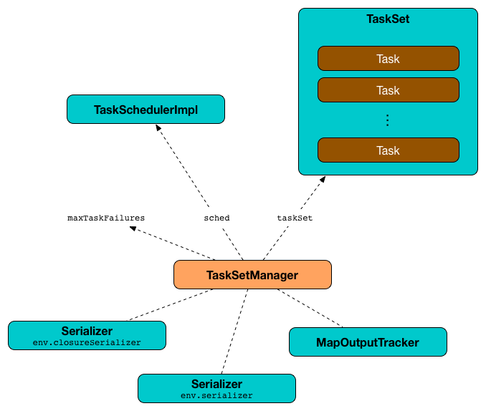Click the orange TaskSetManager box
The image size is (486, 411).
[x=252, y=275]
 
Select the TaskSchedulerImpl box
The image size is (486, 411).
[x=146, y=110]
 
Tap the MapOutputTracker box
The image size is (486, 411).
[x=368, y=342]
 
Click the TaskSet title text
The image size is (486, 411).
[x=388, y=19]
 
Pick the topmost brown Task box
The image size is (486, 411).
[x=388, y=59]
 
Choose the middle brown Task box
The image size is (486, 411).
[x=388, y=90]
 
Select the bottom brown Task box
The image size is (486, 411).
[x=388, y=150]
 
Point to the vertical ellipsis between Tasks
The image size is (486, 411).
[x=388, y=120]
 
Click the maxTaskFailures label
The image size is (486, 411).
[x=106, y=217]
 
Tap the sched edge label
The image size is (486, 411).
[x=216, y=217]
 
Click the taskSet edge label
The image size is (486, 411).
[x=295, y=217]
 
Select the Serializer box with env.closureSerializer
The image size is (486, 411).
[x=87, y=334]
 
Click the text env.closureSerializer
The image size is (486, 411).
[x=87, y=342]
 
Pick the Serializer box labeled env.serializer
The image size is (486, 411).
[x=216, y=387]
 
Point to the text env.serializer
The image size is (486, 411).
[x=216, y=395]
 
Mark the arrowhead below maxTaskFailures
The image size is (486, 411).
[x=134, y=229]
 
